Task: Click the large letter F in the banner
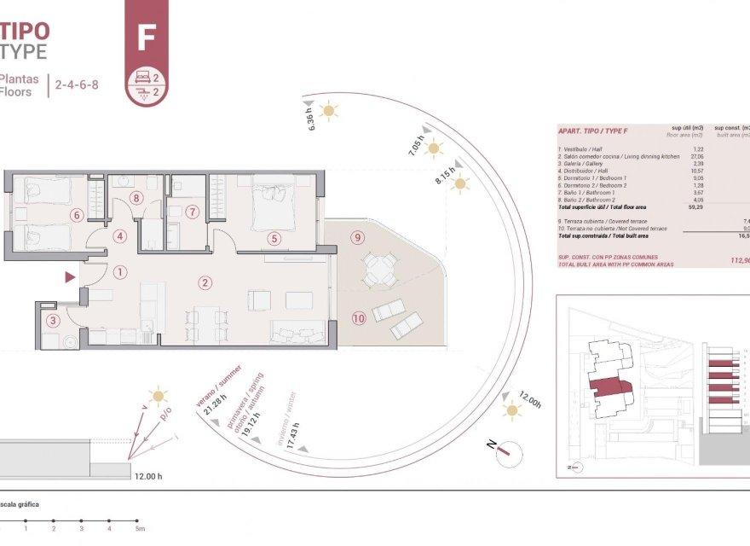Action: pos(146,38)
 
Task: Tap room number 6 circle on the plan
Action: pos(77,216)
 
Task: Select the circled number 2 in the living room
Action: pos(205,282)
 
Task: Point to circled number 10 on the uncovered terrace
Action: pos(357,318)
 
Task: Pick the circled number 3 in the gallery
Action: pos(54,321)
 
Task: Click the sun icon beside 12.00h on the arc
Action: pos(511,411)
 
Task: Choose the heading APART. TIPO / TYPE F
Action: pos(592,131)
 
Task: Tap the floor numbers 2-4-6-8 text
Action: pos(76,84)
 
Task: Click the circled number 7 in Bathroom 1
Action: pos(193,212)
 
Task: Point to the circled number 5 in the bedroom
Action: pos(274,239)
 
